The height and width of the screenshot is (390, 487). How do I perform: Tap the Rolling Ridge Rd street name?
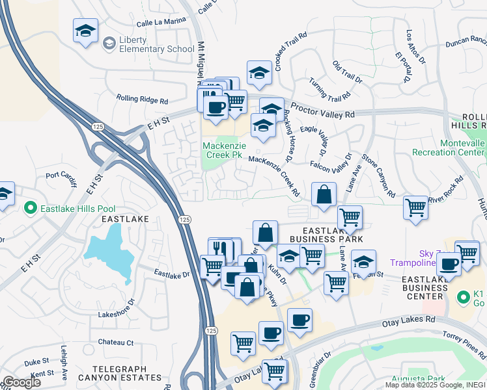[x=142, y=100]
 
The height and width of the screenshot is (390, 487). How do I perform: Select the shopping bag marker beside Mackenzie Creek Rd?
[x=324, y=194]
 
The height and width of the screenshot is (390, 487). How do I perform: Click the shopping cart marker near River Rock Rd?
[x=415, y=208]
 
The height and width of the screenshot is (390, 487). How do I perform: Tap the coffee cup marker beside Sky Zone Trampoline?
[x=449, y=264]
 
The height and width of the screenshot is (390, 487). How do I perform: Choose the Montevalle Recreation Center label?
[x=449, y=147]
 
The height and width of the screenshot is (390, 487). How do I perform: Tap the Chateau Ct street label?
[x=116, y=343]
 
